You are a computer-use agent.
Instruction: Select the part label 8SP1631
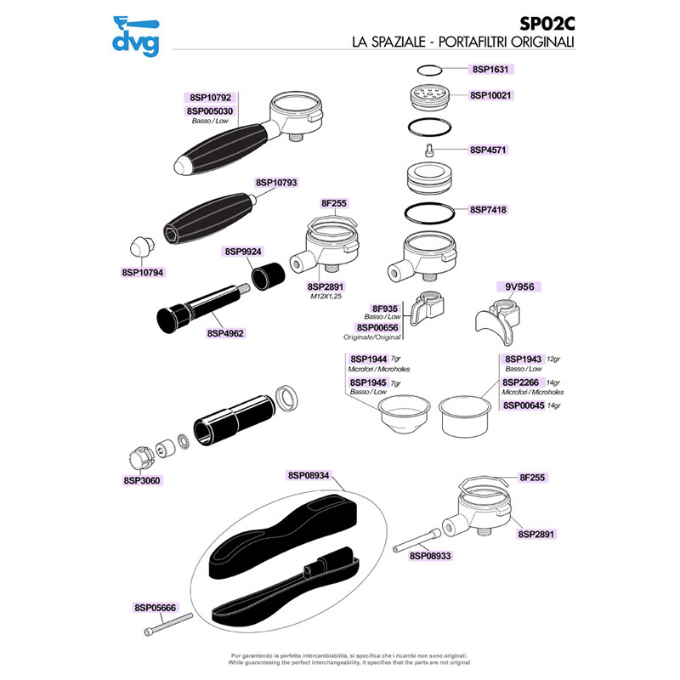pos(493,70)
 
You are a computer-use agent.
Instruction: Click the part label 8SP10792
pos(209,98)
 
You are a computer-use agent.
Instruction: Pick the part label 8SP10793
pos(276,183)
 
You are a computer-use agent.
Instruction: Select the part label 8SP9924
pos(243,252)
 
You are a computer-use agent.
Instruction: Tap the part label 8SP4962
pos(225,334)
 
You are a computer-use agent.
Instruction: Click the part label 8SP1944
pos(367,360)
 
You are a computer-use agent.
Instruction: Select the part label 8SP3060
pos(142,480)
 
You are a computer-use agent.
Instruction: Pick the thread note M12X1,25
pos(325,298)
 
